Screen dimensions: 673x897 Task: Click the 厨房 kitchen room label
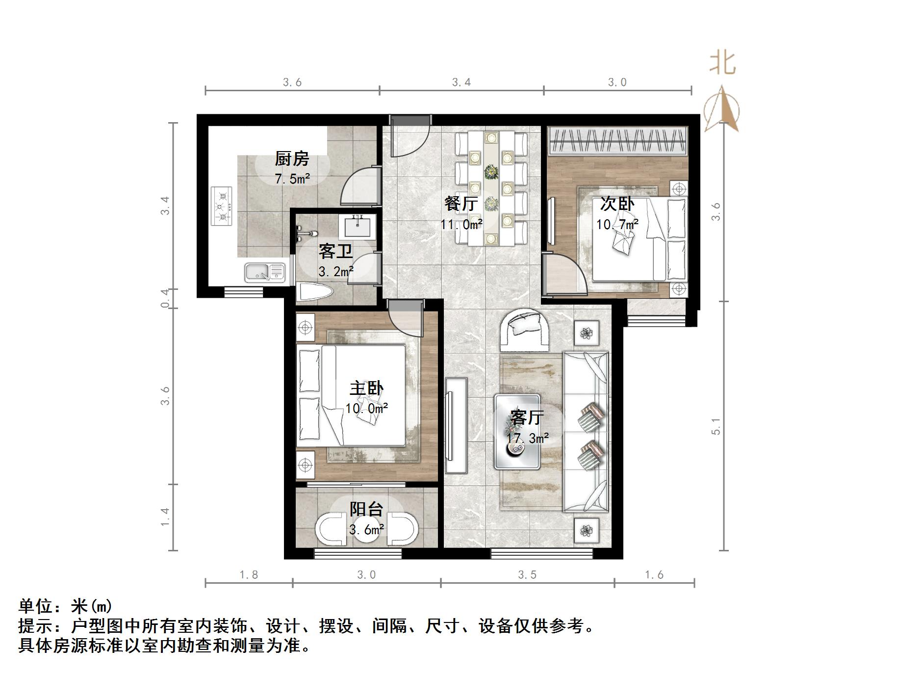[x=292, y=159]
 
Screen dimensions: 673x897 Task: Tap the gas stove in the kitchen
[x=222, y=206]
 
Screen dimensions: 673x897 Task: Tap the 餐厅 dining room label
[x=461, y=203]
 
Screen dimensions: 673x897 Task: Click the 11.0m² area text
[x=461, y=225]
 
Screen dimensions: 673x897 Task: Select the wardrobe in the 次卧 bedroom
[x=617, y=140]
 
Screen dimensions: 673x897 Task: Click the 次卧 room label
[x=617, y=204]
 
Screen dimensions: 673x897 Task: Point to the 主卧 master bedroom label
[x=366, y=388]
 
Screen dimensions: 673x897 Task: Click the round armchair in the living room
[x=525, y=328]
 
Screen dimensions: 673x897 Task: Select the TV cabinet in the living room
[x=456, y=425]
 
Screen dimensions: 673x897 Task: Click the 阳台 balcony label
[x=366, y=509]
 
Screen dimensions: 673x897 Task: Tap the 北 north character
[x=722, y=64]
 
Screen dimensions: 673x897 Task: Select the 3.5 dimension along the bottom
[x=527, y=574]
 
